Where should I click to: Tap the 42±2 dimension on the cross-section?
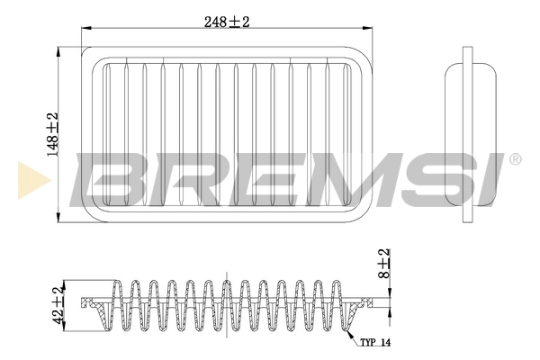(x=58, y=303)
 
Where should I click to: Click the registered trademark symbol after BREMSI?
(x=515, y=159)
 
